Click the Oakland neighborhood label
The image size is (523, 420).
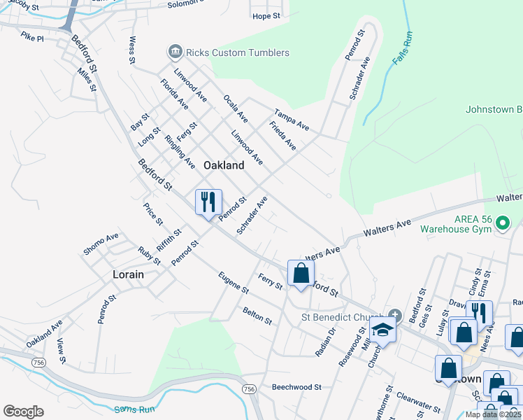click(224, 165)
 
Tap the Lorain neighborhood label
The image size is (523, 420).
click(128, 274)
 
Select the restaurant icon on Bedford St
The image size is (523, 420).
click(208, 203)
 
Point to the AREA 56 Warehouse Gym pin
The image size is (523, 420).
click(502, 223)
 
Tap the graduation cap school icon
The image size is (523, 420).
click(382, 329)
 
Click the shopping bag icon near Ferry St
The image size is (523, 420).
click(301, 273)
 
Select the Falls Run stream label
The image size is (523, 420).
click(402, 48)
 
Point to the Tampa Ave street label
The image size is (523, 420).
click(292, 119)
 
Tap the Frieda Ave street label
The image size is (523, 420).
click(283, 136)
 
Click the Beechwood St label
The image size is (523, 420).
click(296, 386)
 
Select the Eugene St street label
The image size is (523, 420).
click(234, 282)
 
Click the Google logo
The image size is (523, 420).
click(23, 411)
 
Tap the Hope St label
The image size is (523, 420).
click(266, 16)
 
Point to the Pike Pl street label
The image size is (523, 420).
click(32, 36)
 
